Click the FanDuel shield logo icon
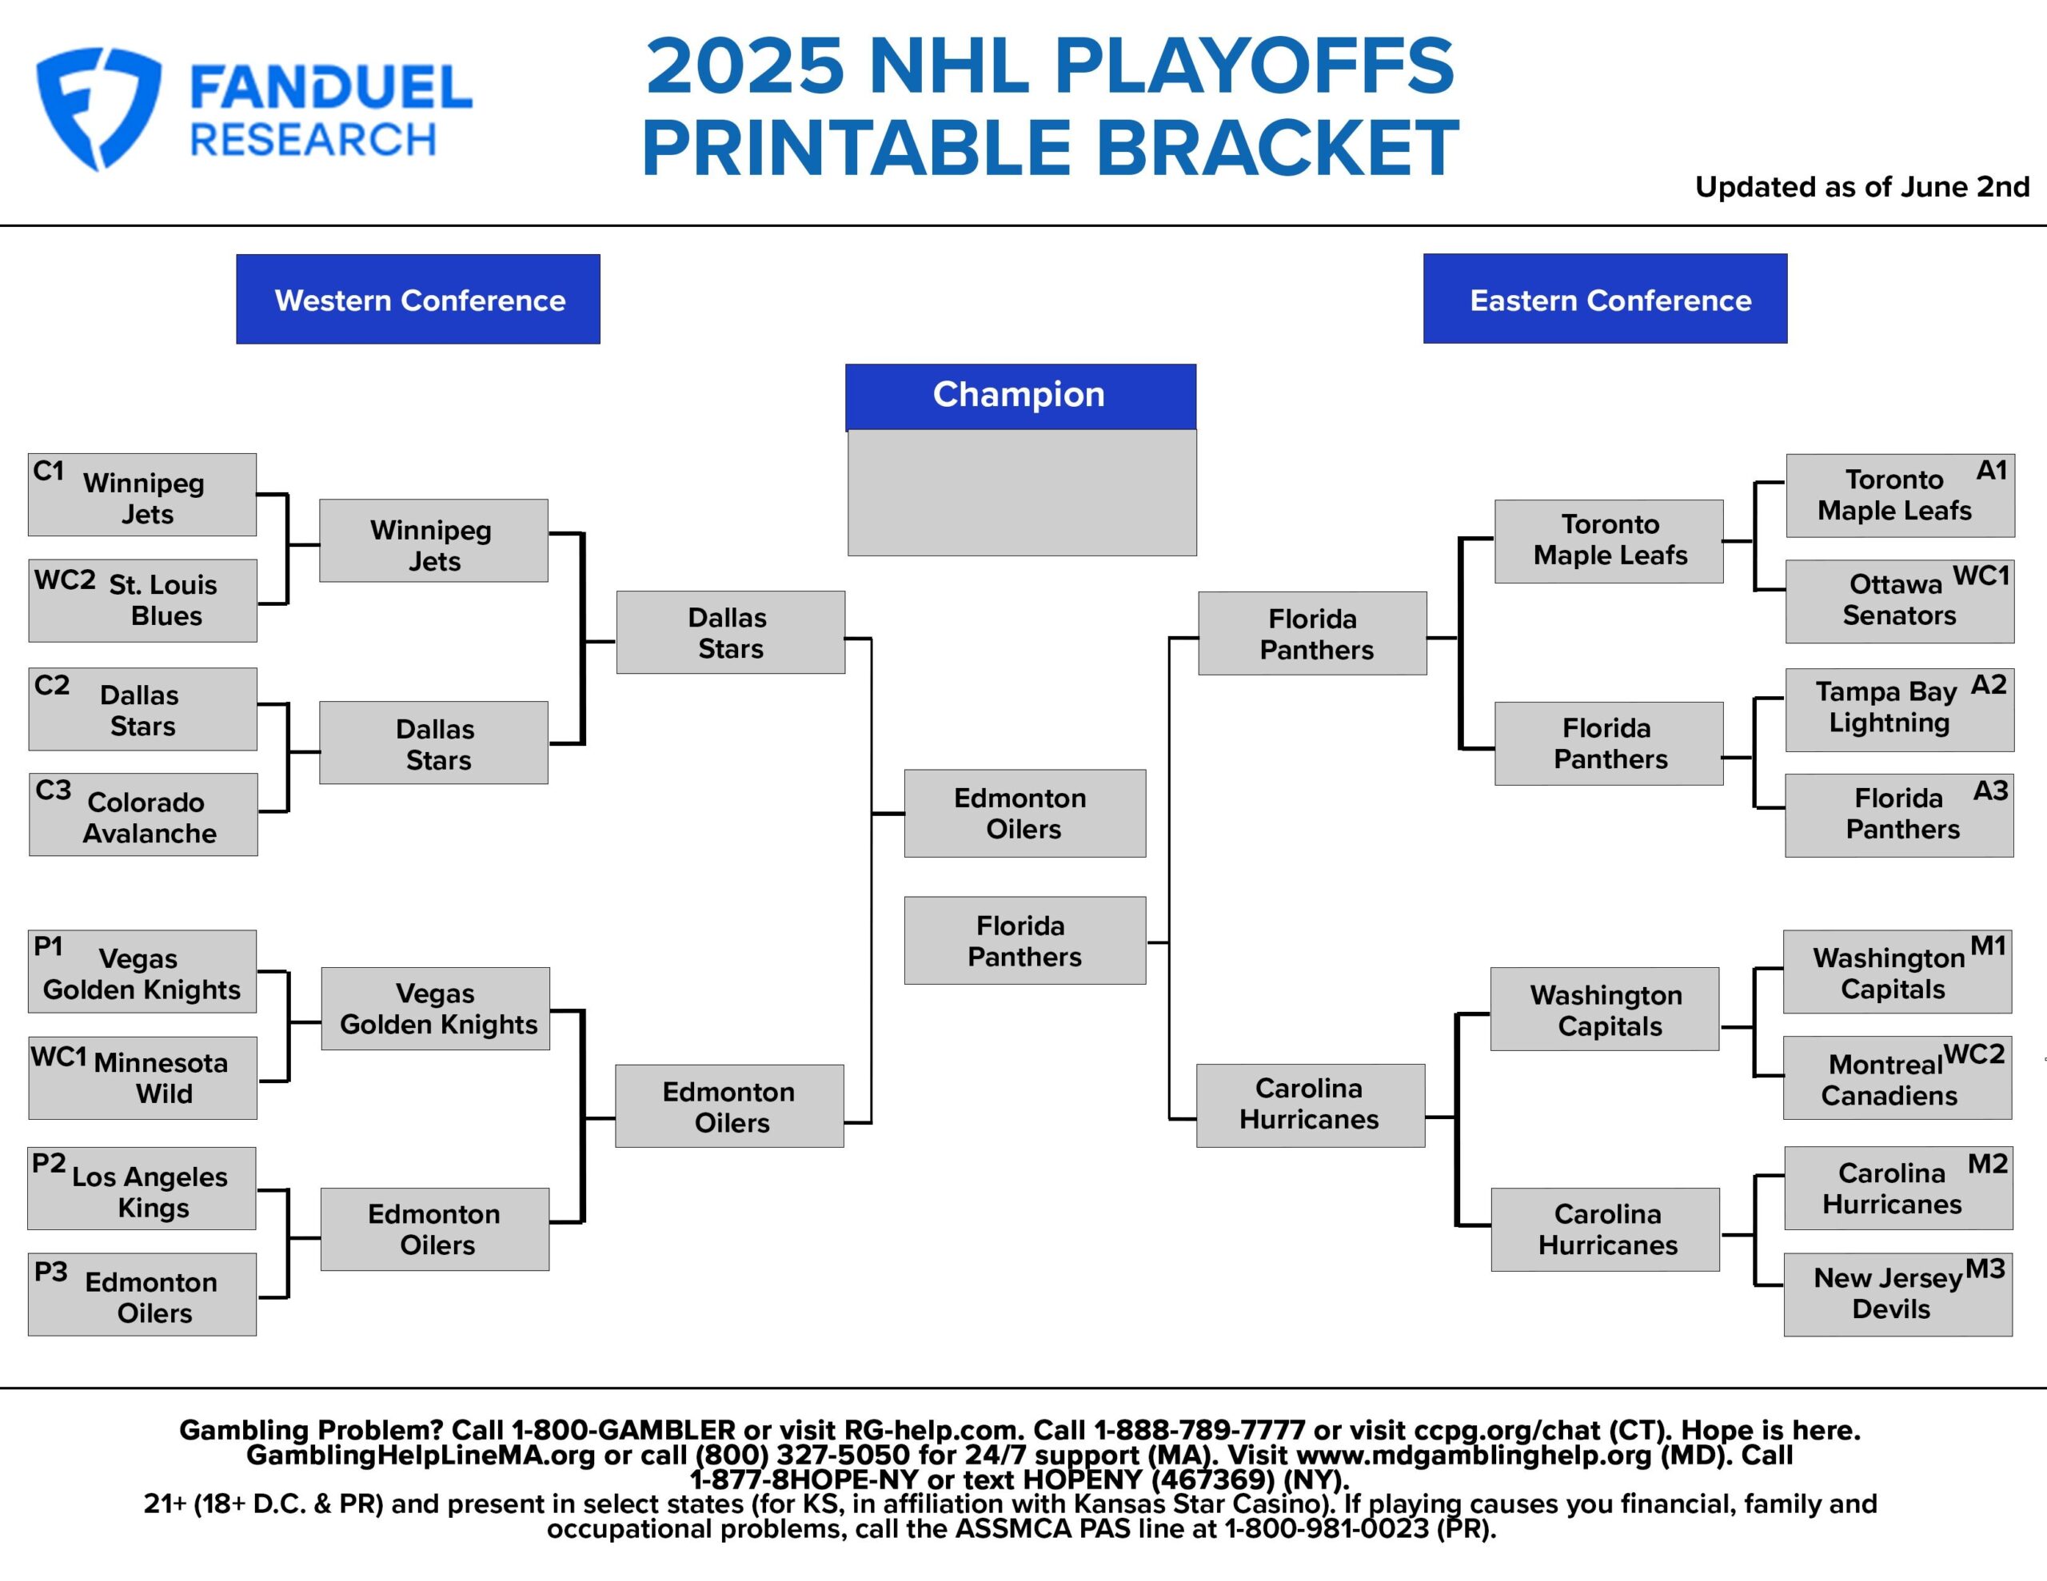click(x=98, y=108)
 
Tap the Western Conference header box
click(x=418, y=299)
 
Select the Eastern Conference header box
click(x=1605, y=299)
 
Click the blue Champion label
click(x=1020, y=396)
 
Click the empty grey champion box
click(x=1022, y=493)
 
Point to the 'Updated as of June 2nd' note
click(x=1861, y=187)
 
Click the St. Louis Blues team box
click(x=142, y=601)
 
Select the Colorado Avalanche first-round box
click(x=143, y=814)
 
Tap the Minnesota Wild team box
click(x=142, y=1077)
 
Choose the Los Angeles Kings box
click(x=142, y=1189)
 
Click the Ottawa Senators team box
click(x=1899, y=601)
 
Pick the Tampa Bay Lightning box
click(x=1899, y=710)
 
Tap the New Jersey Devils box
click(x=1897, y=1294)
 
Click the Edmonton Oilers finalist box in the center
click(x=1024, y=814)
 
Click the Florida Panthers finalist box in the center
click(x=1024, y=940)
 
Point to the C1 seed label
click(x=49, y=471)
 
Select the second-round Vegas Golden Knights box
click(x=435, y=1009)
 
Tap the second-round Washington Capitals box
click(x=1605, y=1010)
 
